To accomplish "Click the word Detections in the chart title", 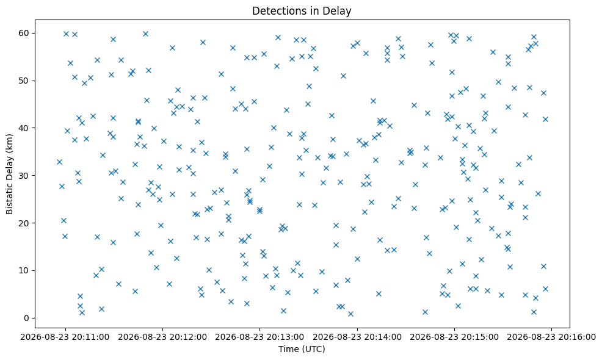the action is click(274, 11).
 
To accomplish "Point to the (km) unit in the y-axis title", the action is click(10, 142).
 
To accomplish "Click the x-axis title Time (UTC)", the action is click(302, 349).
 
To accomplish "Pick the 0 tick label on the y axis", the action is click(27, 318).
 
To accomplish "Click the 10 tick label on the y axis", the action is click(24, 270).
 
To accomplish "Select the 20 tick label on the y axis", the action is click(24, 223).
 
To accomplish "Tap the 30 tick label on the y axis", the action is click(24, 175).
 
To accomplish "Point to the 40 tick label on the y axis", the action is click(24, 128).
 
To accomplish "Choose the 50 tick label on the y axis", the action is click(24, 81).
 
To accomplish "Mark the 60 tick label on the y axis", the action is click(24, 33).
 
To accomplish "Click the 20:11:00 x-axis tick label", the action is click(65, 337).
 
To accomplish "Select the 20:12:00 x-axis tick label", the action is click(162, 337).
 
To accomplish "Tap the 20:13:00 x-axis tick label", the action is click(259, 337).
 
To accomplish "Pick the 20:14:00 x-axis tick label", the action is click(357, 337).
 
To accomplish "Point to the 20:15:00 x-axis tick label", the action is click(454, 337).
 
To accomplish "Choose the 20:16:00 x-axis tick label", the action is click(552, 337).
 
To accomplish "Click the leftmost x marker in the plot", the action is click(59, 162).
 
